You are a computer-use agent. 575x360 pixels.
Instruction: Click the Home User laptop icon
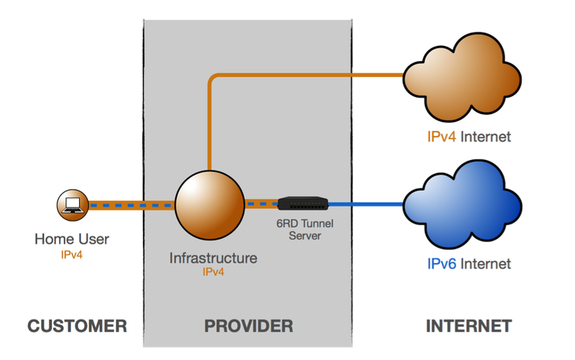73,206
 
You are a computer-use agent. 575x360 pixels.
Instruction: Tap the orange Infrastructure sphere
208,205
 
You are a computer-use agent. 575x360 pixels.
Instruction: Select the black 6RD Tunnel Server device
302,204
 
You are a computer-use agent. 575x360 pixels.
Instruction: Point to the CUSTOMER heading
78,326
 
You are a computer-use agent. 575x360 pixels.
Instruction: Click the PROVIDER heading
249,326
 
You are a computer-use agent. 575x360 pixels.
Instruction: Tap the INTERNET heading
469,326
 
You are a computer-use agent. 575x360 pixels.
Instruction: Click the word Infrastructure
213,257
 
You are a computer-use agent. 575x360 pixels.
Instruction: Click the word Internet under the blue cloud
486,264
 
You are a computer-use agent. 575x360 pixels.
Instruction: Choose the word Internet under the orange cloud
486,137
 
